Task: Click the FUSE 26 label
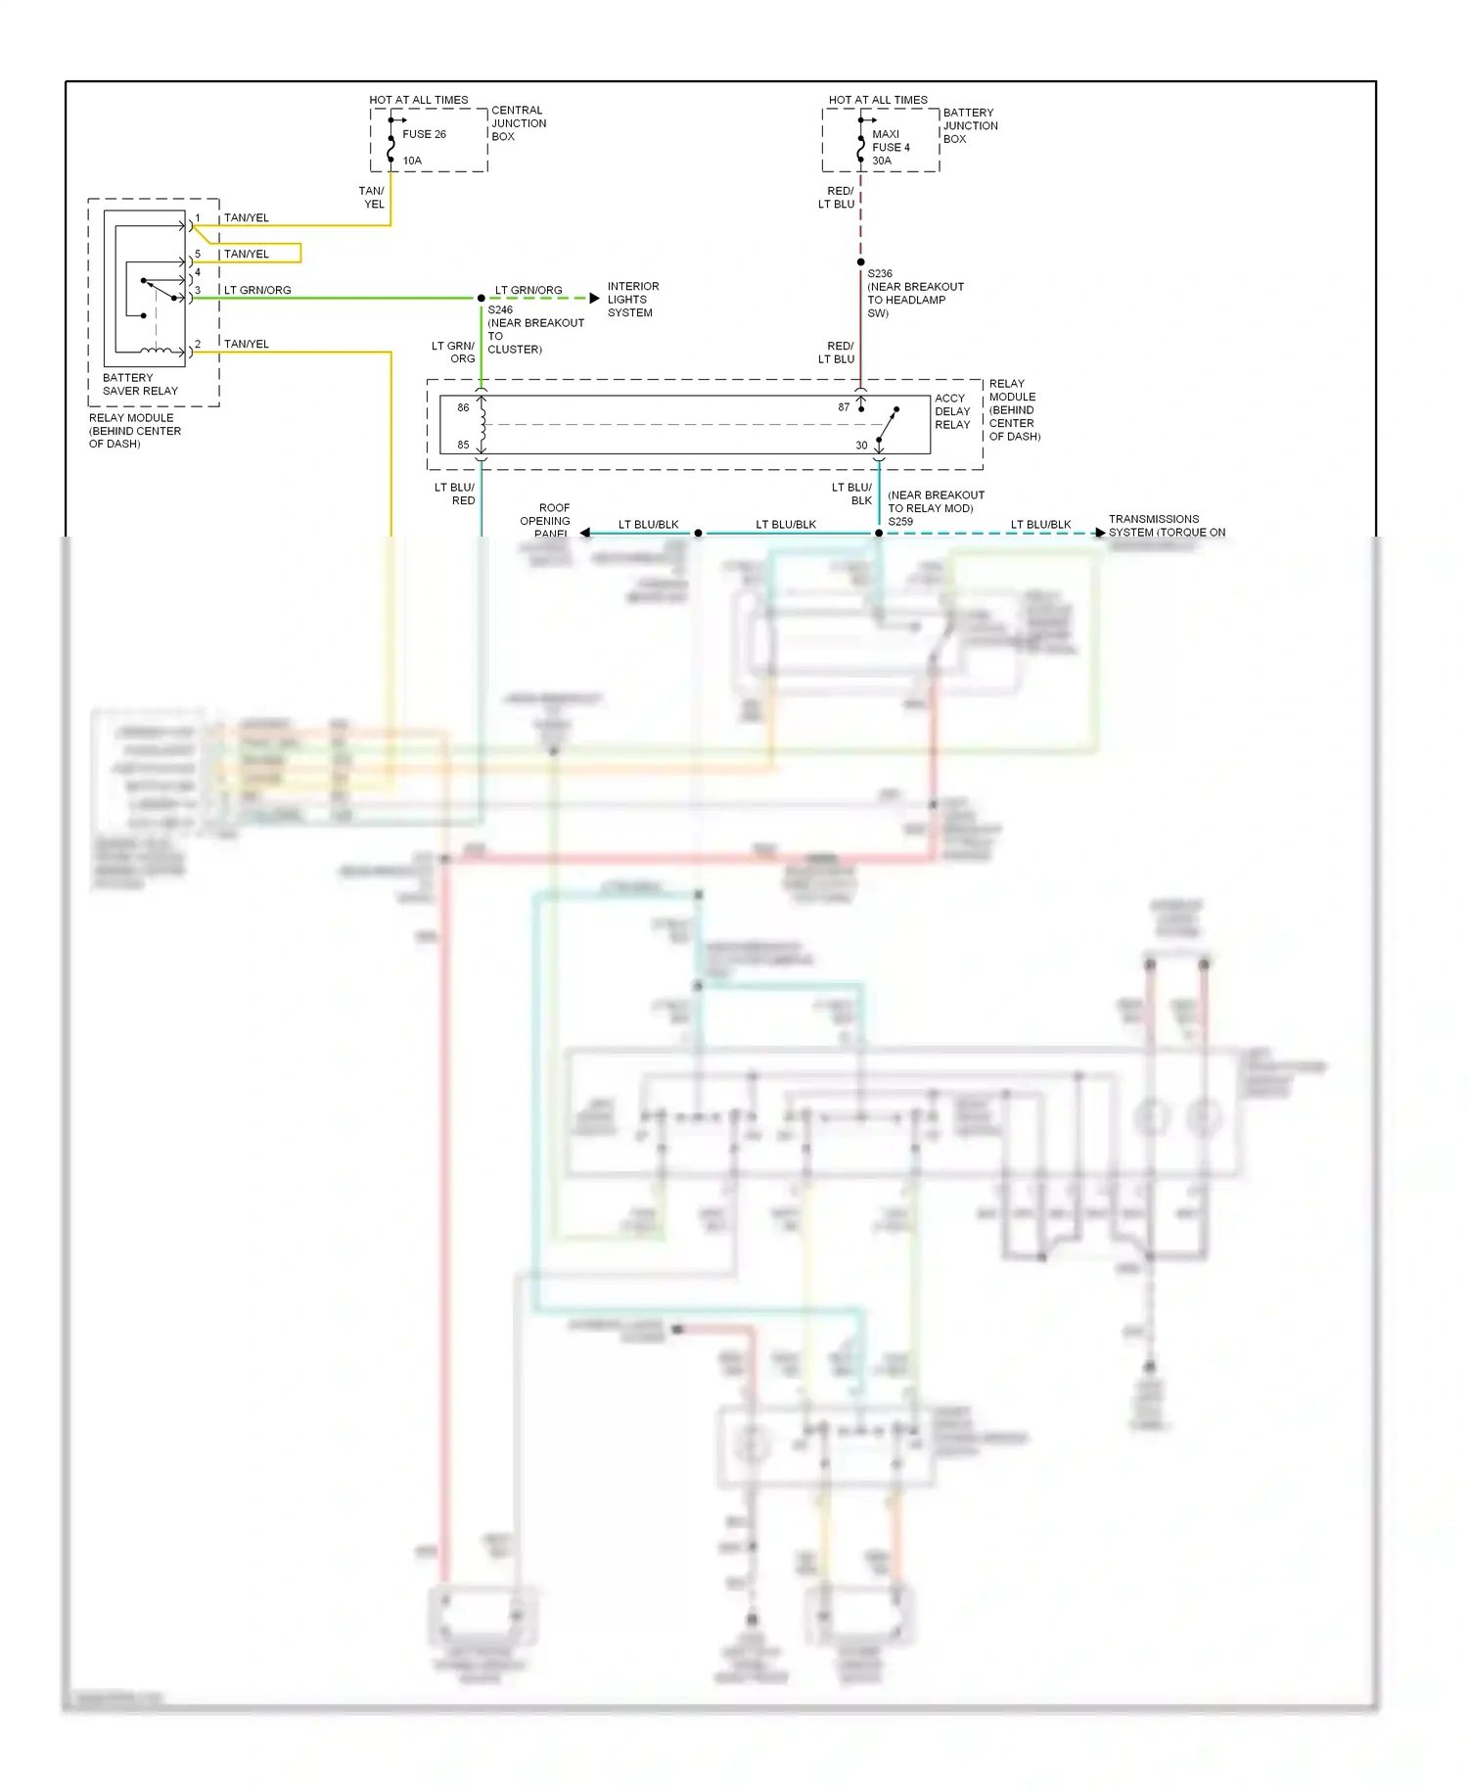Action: [424, 134]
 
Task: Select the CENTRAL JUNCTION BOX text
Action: [519, 123]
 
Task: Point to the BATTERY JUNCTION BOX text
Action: [970, 126]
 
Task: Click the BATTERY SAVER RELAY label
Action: [140, 384]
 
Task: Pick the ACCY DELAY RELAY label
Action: [952, 411]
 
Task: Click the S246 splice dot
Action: [482, 298]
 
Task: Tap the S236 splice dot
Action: [861, 262]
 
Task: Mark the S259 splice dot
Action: [879, 534]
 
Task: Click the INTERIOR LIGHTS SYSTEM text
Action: [632, 300]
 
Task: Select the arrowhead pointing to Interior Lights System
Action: [594, 298]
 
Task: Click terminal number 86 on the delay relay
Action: [463, 407]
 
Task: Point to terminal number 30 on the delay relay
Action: [861, 446]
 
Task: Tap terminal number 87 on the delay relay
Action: [844, 407]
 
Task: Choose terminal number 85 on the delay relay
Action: [463, 446]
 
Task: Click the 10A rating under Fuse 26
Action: [412, 161]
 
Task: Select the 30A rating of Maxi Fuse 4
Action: [882, 161]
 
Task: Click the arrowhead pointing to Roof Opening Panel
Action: [585, 533]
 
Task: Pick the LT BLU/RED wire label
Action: [455, 494]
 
